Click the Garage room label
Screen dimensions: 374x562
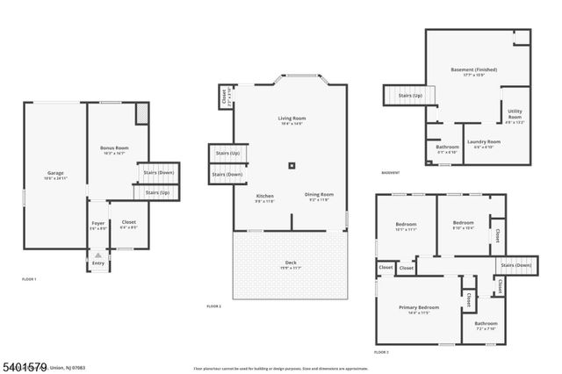tap(54, 176)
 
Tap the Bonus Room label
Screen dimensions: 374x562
tap(113, 150)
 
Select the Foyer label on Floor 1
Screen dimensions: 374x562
tap(98, 226)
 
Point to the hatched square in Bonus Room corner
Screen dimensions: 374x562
tap(141, 114)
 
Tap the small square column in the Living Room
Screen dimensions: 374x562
tap(292, 164)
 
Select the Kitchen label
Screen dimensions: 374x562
tap(264, 197)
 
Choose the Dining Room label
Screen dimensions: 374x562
tap(319, 196)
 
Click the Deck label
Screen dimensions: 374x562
tap(291, 264)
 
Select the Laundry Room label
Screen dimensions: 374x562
tap(483, 143)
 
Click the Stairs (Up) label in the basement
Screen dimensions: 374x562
tap(410, 95)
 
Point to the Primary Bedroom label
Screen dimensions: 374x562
tap(418, 308)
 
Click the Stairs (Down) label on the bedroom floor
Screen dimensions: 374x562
tap(515, 265)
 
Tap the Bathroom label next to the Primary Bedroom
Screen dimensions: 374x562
tap(486, 325)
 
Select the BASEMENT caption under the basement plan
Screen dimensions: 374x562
tap(391, 172)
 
